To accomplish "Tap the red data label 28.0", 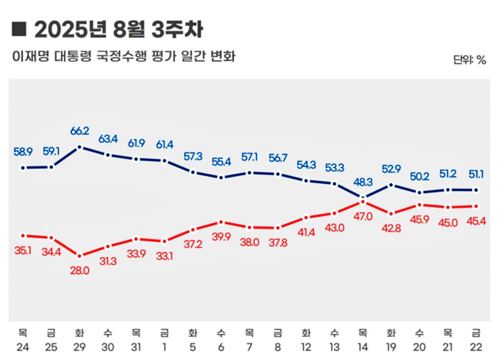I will point(80,271).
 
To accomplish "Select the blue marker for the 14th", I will point(362,197).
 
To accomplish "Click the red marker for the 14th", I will point(362,202).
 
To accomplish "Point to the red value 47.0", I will point(362,216).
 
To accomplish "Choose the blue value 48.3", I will point(362,182).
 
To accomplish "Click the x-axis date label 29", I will point(80,347).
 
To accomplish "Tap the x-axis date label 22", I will point(476,347).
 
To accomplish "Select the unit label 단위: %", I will point(469,60).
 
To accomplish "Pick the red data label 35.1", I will point(23,250).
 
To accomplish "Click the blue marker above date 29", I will point(80,147).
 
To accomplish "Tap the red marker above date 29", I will point(80,256).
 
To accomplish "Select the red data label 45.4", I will point(476,221).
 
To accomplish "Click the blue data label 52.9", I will point(390,169).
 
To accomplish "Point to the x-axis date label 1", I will point(164,347).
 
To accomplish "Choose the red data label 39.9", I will point(221,238).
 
